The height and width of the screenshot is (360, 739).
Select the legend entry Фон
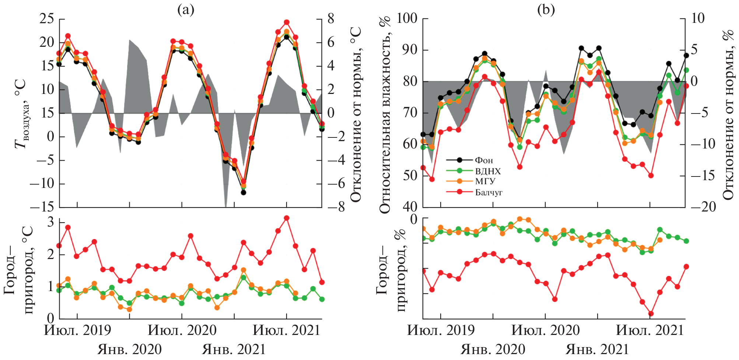(483, 160)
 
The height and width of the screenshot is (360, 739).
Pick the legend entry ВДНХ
(488, 171)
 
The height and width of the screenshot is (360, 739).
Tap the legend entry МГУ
(485, 181)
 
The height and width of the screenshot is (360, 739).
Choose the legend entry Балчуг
(488, 192)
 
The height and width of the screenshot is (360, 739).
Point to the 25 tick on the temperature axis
(47, 19)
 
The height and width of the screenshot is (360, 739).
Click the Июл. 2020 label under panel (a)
(182, 330)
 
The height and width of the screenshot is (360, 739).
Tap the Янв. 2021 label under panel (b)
(597, 349)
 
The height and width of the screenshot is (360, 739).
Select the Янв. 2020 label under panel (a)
(129, 349)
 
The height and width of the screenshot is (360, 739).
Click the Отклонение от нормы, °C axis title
(356, 114)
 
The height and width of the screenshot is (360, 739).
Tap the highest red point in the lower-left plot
(287, 218)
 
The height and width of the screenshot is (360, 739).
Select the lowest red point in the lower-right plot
(651, 314)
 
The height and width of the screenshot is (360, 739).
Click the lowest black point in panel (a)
(243, 192)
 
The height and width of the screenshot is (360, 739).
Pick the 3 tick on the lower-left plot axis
(50, 222)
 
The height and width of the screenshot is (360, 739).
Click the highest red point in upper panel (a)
(287, 22)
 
